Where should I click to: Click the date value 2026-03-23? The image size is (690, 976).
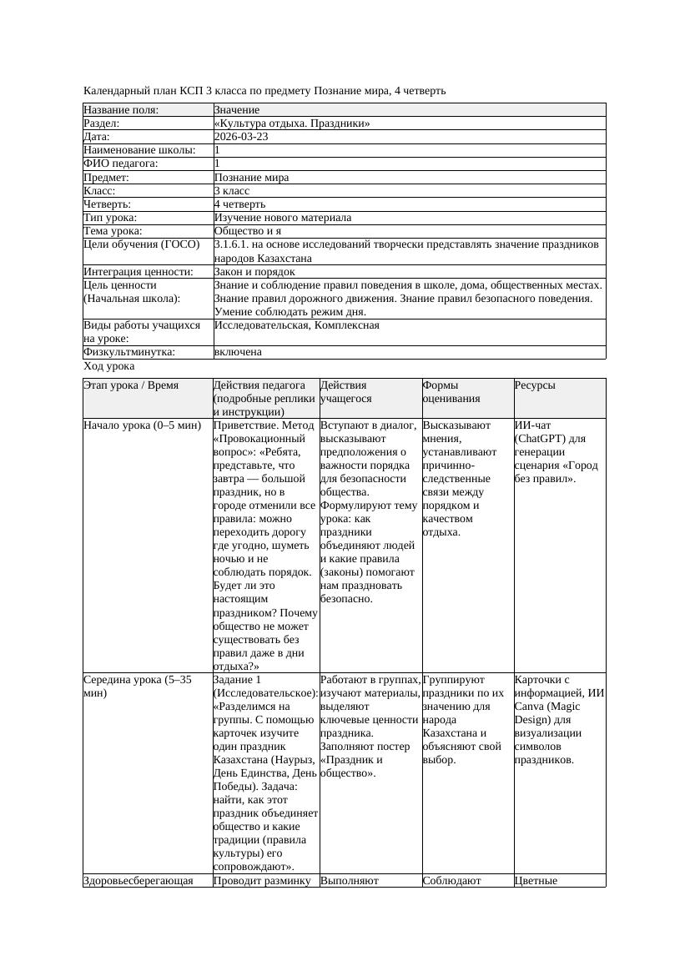(241, 137)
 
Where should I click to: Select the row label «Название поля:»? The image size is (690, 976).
(121, 110)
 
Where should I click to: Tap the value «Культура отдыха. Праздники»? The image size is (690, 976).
(291, 123)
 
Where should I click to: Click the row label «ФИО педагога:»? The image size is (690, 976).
(121, 164)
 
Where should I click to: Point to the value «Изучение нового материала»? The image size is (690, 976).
(282, 218)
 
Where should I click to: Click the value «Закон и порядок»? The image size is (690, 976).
(254, 272)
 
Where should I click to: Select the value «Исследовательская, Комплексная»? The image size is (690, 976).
(296, 325)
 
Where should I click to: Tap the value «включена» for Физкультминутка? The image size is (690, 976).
(238, 352)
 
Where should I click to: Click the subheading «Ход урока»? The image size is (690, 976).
(109, 366)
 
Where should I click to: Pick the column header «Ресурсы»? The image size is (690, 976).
(535, 385)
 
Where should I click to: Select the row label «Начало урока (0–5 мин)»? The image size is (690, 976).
(143, 425)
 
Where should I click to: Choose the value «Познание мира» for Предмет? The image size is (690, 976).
(251, 178)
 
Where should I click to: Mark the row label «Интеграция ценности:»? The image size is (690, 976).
(139, 272)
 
